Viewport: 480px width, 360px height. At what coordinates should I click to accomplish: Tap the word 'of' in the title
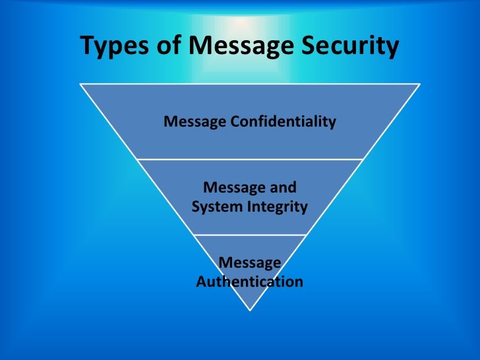tap(166, 47)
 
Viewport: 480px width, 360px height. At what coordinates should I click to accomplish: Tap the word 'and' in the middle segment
tap(282, 187)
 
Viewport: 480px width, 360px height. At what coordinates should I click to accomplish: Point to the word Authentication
tap(250, 282)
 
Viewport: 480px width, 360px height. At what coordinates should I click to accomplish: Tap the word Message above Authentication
tap(250, 262)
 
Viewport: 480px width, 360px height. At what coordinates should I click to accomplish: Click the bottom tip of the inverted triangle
tap(250, 310)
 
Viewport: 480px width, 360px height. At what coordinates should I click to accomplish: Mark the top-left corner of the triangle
tap(80, 84)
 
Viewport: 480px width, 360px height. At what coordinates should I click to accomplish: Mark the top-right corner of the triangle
tap(420, 84)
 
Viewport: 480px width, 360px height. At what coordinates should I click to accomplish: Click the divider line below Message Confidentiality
tap(250, 159)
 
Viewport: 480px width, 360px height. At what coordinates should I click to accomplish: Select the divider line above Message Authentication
tap(250, 235)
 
